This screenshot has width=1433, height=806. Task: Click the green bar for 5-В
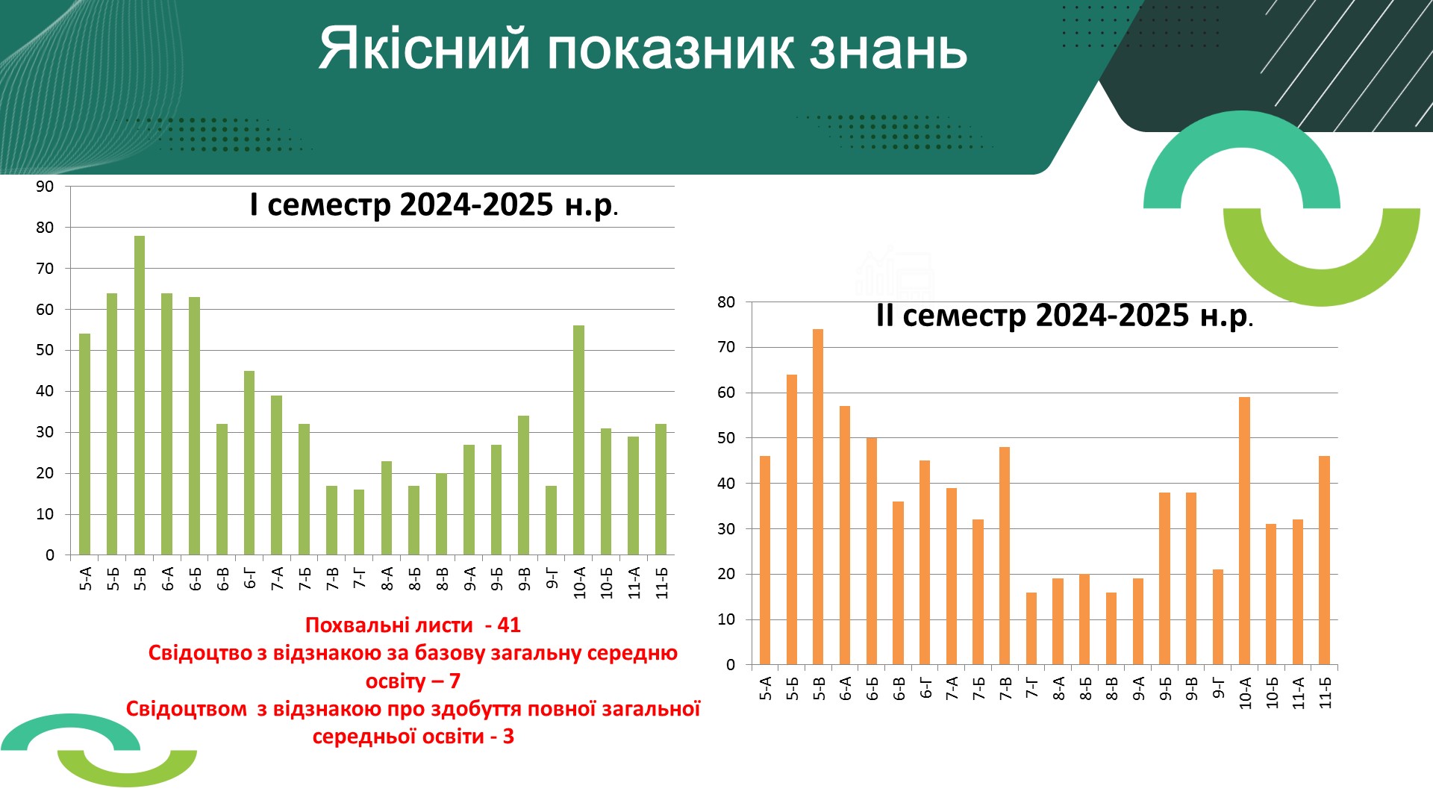(140, 396)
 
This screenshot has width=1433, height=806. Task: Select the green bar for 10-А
(578, 440)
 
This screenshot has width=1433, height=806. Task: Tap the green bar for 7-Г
(359, 522)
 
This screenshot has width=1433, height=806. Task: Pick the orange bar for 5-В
(818, 497)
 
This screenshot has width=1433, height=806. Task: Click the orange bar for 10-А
(1244, 531)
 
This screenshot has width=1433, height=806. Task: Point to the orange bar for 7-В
(1005, 556)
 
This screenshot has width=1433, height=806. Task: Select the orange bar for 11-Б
(1324, 560)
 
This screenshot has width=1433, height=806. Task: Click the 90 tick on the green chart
(45, 187)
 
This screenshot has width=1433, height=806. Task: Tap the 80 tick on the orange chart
(726, 302)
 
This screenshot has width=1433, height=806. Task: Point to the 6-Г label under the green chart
(250, 578)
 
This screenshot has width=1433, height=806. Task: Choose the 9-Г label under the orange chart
(1218, 688)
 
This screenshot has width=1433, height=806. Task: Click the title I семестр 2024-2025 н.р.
(434, 204)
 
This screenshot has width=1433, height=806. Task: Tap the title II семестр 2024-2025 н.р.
(1064, 316)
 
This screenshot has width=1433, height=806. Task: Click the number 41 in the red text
(509, 625)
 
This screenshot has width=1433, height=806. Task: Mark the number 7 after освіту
(455, 681)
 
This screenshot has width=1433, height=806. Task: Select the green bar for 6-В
(222, 490)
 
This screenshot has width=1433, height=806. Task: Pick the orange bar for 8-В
(1111, 629)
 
